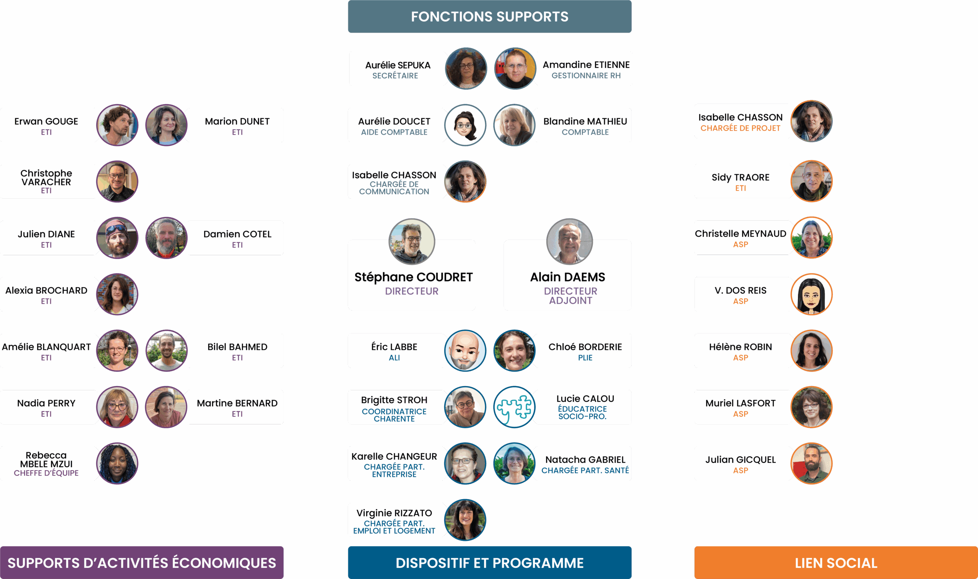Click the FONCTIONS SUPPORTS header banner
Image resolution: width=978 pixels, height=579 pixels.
point(489,16)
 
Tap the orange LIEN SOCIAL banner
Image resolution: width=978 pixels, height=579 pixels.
point(836,563)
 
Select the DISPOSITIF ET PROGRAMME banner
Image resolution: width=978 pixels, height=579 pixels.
point(489,563)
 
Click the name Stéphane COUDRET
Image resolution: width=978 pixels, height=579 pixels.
point(413,277)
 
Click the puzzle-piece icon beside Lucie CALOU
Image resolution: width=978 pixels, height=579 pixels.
point(514,407)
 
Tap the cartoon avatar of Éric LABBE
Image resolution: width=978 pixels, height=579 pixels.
point(465,350)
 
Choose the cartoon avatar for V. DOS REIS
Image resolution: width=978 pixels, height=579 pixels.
point(811,294)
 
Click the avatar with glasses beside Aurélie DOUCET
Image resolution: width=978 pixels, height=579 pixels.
point(465,125)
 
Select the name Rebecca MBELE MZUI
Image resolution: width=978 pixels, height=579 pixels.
point(46,459)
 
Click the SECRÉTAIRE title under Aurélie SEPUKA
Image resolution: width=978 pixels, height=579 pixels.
point(395,76)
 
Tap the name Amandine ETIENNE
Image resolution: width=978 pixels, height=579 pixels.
point(586,65)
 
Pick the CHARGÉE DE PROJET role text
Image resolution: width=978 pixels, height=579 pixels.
point(740,128)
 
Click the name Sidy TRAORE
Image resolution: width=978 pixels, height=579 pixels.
point(740,178)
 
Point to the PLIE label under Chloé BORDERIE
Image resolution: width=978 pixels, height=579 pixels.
point(585,358)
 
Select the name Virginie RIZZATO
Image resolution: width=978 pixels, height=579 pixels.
point(394,513)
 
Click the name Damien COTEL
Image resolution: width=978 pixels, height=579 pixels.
point(237,234)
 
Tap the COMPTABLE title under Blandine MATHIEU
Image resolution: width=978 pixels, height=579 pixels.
point(585,132)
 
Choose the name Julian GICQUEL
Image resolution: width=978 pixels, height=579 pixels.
point(740,459)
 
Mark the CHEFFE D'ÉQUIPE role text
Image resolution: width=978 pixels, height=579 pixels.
point(46,473)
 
